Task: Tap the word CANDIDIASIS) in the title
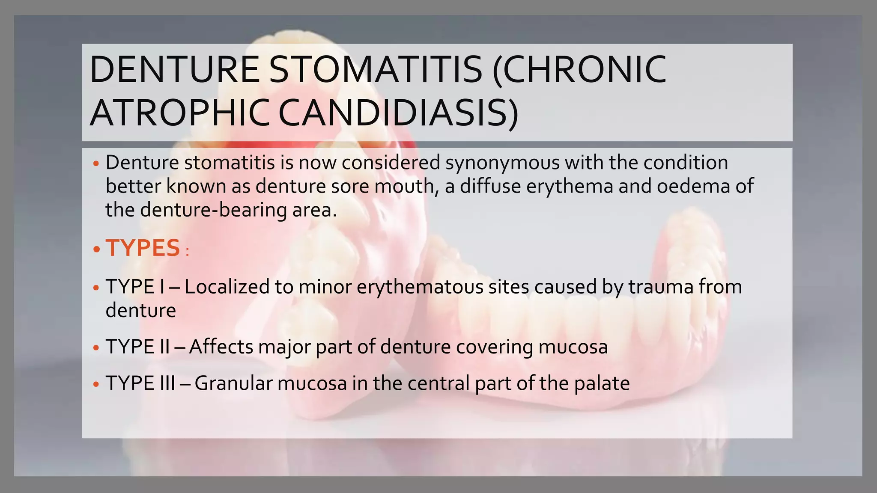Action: coord(398,113)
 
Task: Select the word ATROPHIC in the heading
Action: coord(179,113)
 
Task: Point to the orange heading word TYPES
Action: coord(143,248)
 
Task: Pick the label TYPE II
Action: coord(137,347)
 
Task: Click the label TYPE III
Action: coord(140,383)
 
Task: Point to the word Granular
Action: coord(233,383)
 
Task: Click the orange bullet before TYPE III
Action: coord(96,384)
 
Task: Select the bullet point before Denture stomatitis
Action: coord(96,164)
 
